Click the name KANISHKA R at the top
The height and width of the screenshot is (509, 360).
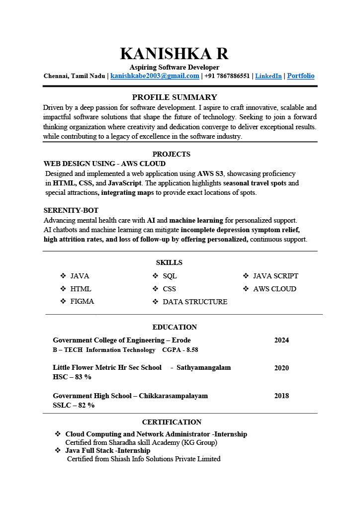pyautogui.click(x=174, y=54)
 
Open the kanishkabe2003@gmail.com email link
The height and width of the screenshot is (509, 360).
pyautogui.click(x=155, y=76)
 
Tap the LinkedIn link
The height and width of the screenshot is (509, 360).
pyautogui.click(x=268, y=76)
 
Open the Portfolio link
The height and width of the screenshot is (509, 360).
pyautogui.click(x=301, y=76)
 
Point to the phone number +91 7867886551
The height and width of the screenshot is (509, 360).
pyautogui.click(x=227, y=76)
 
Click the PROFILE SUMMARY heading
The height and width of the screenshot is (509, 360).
pyautogui.click(x=175, y=97)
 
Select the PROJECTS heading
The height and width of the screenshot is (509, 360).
pyautogui.click(x=171, y=154)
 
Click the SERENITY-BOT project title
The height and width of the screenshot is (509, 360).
pyautogui.click(x=71, y=210)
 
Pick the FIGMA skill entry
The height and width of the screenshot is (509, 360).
pyautogui.click(x=82, y=301)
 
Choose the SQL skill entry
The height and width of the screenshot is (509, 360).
pyautogui.click(x=170, y=276)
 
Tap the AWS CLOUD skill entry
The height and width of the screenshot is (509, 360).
pyautogui.click(x=274, y=289)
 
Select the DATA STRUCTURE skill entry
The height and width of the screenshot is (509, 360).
pyautogui.click(x=195, y=302)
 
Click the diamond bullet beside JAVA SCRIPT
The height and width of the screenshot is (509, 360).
pyautogui.click(x=246, y=276)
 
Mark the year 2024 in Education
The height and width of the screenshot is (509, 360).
pyautogui.click(x=281, y=340)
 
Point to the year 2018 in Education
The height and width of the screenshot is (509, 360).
pyautogui.click(x=281, y=396)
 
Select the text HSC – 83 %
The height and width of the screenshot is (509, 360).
pyautogui.click(x=72, y=377)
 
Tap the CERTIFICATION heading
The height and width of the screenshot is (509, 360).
pyautogui.click(x=172, y=422)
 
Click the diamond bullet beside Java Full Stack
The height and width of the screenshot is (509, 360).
pyautogui.click(x=58, y=450)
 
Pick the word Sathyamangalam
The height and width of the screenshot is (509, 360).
pyautogui.click(x=203, y=368)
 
